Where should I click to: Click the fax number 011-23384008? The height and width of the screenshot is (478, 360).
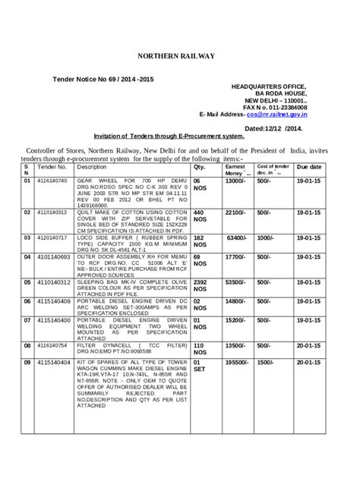(x=284, y=108)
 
